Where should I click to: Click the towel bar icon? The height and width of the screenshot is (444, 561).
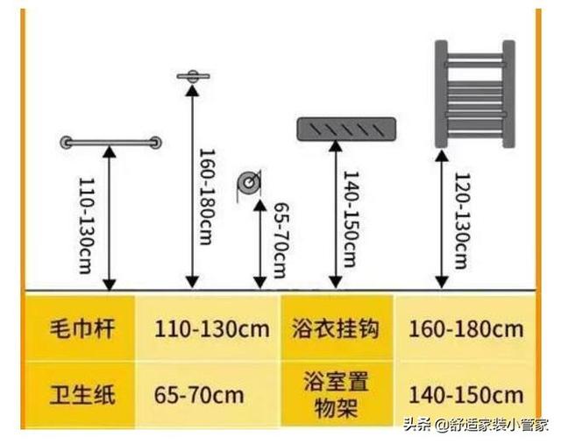point(110,143)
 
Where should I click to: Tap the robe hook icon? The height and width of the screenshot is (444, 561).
point(193,76)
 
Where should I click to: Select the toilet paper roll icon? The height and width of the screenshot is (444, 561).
point(249,185)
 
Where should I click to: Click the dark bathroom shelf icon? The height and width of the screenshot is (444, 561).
point(347,129)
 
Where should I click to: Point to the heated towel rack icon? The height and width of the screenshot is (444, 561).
point(475,94)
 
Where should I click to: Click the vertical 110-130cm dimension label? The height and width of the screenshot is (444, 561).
point(86,226)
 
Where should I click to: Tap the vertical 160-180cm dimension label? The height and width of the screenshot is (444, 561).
point(207,197)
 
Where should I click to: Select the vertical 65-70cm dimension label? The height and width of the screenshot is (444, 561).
point(281,240)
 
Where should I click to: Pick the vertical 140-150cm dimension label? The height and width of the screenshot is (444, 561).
point(351,219)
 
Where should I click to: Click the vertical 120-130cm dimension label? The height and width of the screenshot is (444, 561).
point(462,221)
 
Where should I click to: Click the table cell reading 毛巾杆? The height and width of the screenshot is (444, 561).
point(82,328)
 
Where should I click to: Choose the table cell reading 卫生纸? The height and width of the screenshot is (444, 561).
point(82,394)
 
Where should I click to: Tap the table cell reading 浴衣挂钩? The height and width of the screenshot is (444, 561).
point(336,328)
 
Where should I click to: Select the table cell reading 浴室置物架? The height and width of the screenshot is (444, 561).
point(336,394)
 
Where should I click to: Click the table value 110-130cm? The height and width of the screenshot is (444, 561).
point(212,329)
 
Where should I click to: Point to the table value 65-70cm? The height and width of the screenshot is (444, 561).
point(199,395)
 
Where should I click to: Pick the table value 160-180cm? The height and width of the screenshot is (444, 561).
point(465,329)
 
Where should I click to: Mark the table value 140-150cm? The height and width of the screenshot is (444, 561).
point(465,395)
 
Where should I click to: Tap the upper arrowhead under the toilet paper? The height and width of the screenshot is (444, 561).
point(260,205)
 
